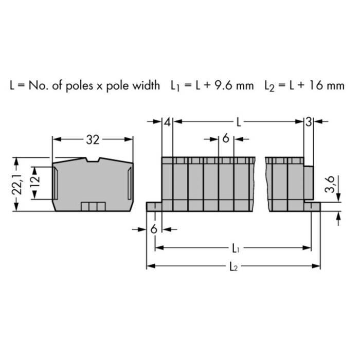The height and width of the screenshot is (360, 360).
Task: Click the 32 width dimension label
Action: tap(93, 139)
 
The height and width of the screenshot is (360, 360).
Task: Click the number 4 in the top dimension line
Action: tap(167, 122)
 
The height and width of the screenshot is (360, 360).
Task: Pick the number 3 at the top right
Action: tap(308, 122)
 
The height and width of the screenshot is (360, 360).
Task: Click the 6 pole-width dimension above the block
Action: tap(226, 139)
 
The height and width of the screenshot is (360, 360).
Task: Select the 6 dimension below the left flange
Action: tap(154, 229)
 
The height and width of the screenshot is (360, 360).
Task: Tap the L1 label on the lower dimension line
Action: tap(235, 249)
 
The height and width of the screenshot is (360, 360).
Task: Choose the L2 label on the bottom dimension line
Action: tap(235, 267)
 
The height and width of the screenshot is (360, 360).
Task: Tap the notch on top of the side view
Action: tap(93, 161)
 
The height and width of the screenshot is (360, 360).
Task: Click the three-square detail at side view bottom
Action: tap(93, 207)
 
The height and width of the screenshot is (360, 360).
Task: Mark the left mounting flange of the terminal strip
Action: tap(154, 206)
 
